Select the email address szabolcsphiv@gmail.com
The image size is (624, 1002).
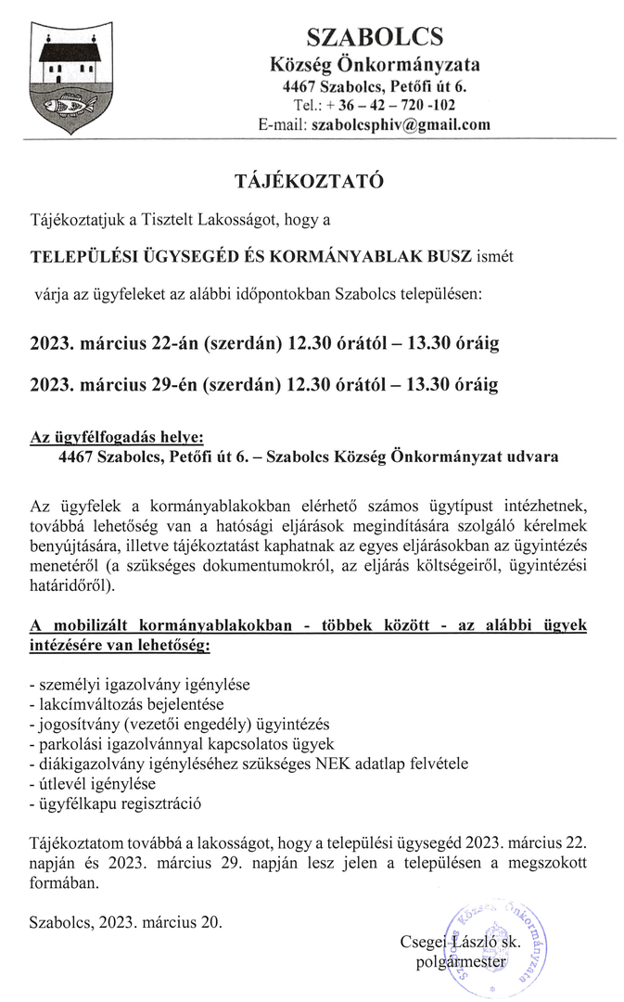(x=401, y=123)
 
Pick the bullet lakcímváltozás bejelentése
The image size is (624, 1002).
(x=126, y=704)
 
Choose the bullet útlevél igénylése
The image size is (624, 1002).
(x=92, y=784)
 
